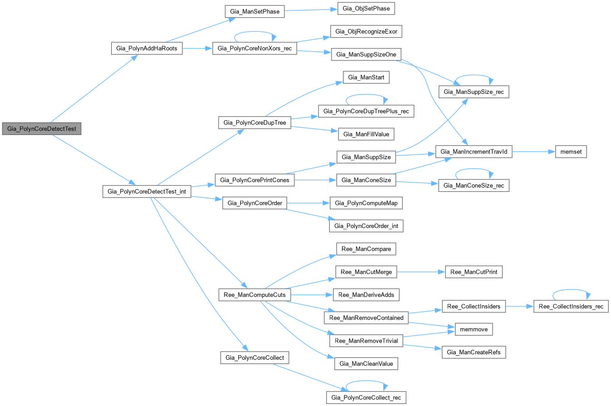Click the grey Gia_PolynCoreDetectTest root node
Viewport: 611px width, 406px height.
click(x=42, y=129)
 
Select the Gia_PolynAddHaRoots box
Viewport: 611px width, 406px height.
click(x=147, y=48)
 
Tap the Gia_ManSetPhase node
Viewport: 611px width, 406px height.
click(x=254, y=12)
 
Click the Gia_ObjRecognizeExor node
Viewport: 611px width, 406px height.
click(x=367, y=31)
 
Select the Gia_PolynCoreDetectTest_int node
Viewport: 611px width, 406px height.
click(x=147, y=192)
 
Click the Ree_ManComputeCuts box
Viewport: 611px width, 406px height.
click(x=254, y=295)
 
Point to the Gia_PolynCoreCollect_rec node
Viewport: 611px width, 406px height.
click(x=366, y=398)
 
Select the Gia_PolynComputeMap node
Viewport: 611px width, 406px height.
click(x=366, y=203)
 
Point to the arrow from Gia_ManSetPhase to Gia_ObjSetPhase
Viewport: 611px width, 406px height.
click(x=311, y=10)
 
